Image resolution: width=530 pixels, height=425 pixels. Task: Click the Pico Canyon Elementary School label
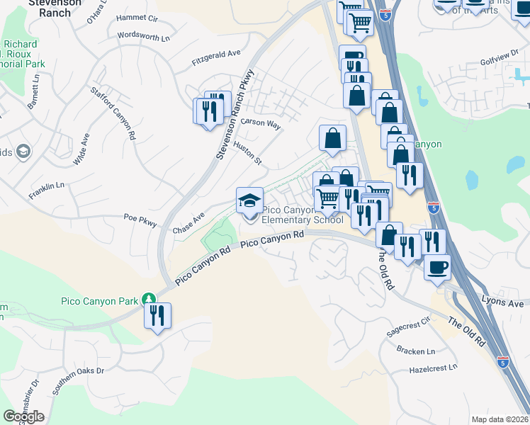(x=303, y=215)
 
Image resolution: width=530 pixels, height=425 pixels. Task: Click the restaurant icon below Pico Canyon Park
(x=157, y=314)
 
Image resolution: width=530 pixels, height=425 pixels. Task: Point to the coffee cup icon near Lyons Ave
(x=437, y=267)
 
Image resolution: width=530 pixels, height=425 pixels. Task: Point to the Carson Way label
(x=261, y=123)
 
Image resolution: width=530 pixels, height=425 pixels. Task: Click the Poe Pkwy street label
(x=140, y=220)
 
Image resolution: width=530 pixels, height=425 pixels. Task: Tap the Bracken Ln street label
(x=416, y=351)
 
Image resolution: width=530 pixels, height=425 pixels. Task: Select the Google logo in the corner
(x=23, y=416)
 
